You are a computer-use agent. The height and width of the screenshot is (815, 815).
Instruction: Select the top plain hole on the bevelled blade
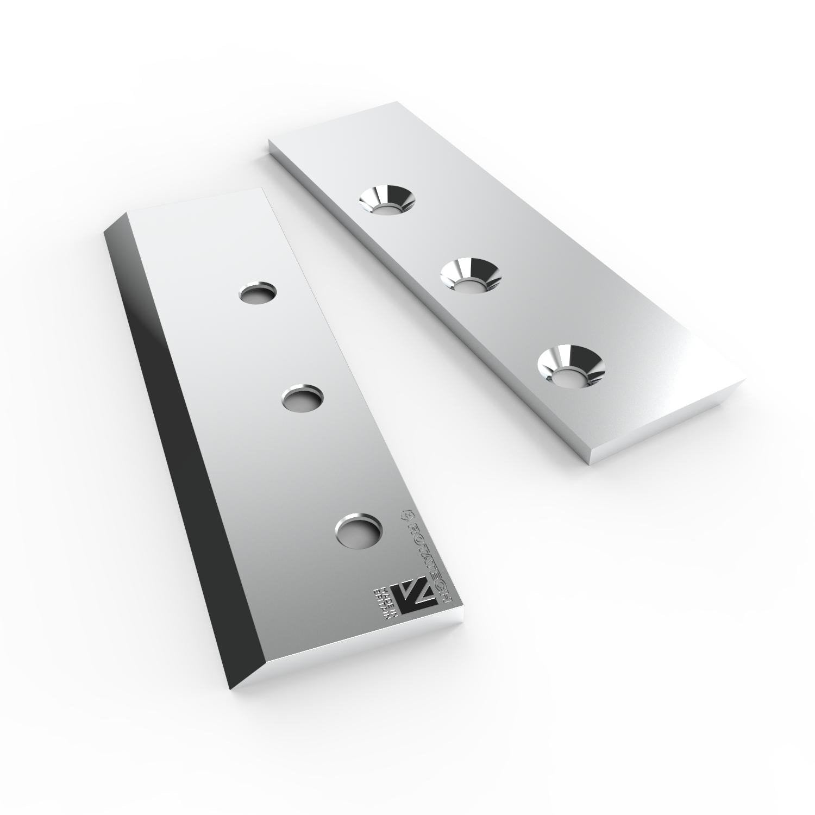pyautogui.click(x=258, y=294)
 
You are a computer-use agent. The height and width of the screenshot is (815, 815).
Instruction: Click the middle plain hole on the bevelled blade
pyautogui.click(x=302, y=399)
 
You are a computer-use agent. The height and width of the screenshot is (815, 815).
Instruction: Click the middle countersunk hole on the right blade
pyautogui.click(x=470, y=275)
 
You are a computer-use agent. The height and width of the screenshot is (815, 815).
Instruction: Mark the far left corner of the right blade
pyautogui.click(x=270, y=142)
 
